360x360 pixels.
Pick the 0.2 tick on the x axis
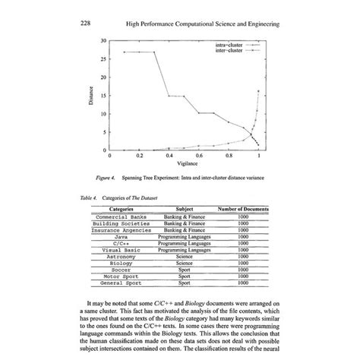point(140,156)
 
